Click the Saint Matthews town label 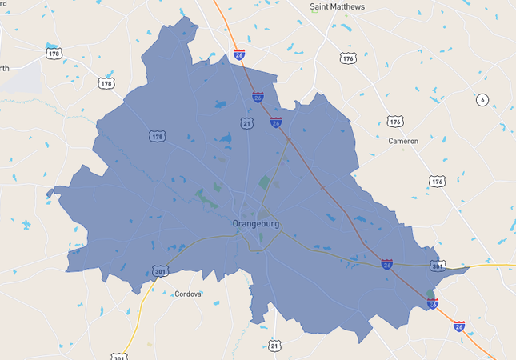point(337,7)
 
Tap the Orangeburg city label point(256,224)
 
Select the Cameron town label point(402,141)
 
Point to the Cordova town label point(188,294)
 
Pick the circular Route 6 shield point(482,100)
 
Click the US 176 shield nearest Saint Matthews point(347,58)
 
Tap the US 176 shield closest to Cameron point(394,121)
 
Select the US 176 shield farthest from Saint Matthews point(436,182)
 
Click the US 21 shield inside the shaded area point(247,122)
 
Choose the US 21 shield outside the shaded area point(275,346)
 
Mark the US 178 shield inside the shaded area point(157,137)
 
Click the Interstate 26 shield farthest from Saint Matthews point(458,326)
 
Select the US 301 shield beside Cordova point(160,272)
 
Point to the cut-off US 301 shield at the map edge point(118,357)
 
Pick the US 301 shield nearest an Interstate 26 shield point(437,266)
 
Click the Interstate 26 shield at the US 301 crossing point(386,264)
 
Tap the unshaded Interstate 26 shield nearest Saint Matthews point(239,54)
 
